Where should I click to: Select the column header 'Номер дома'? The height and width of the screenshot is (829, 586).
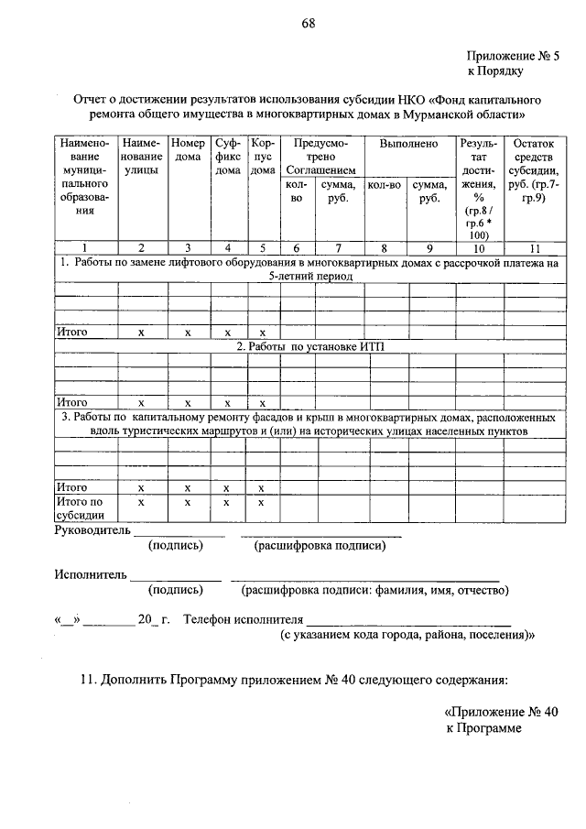pos(188,157)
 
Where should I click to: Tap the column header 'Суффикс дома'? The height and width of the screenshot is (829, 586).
pos(228,157)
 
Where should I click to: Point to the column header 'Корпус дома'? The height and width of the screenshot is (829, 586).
pos(262,157)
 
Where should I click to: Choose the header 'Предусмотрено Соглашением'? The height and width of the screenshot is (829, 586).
pos(317,157)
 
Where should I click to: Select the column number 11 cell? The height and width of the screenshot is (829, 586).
pos(534,247)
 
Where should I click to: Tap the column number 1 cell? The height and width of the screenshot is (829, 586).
pos(85,247)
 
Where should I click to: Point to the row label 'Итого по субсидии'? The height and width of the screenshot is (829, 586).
pos(80,508)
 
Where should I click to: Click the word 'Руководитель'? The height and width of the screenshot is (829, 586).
pos(92,529)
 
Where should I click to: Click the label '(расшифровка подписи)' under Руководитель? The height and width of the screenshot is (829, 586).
pos(320,546)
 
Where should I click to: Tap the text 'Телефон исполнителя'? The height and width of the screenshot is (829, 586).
pos(243,619)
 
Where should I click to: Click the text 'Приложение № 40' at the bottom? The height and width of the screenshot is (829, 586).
pos(500,711)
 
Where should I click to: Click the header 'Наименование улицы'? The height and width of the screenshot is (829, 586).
pos(141,157)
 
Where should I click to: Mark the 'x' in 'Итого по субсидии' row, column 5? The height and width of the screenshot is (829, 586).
pos(261,502)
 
